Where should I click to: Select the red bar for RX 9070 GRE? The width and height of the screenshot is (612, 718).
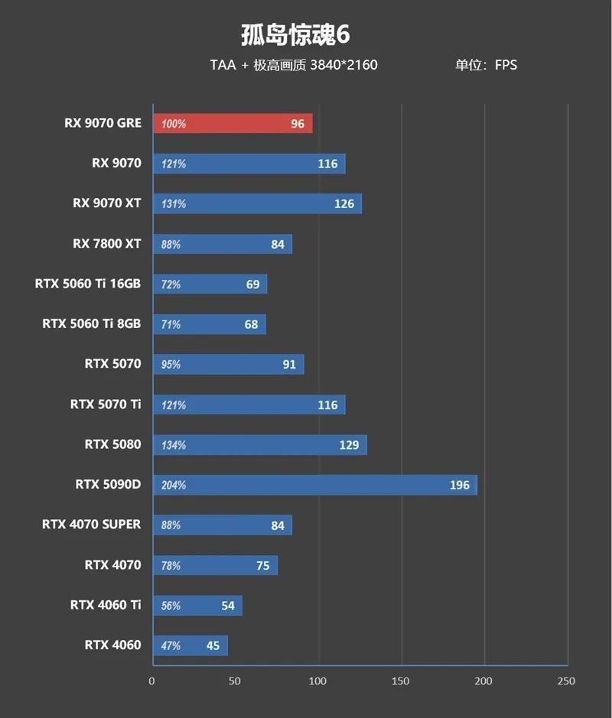pyautogui.click(x=233, y=124)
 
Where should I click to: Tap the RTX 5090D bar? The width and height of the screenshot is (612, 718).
pyautogui.click(x=315, y=485)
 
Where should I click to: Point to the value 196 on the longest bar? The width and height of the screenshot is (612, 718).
pyautogui.click(x=460, y=485)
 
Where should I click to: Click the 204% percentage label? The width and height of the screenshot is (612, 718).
pyautogui.click(x=174, y=486)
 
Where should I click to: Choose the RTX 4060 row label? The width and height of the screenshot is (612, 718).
pyautogui.click(x=112, y=645)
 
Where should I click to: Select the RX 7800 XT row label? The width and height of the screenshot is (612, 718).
pyautogui.click(x=107, y=244)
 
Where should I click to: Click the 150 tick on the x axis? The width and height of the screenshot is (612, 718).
pyautogui.click(x=401, y=681)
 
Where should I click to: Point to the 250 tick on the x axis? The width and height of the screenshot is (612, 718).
pyautogui.click(x=566, y=681)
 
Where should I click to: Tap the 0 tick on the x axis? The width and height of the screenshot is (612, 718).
pyautogui.click(x=152, y=681)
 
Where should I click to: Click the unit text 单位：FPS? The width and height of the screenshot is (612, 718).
pyautogui.click(x=486, y=65)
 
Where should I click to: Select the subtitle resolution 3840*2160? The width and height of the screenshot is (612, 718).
pyautogui.click(x=343, y=65)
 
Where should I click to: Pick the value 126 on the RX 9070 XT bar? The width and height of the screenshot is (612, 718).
pyautogui.click(x=344, y=204)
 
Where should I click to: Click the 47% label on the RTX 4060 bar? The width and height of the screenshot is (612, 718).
pyautogui.click(x=171, y=646)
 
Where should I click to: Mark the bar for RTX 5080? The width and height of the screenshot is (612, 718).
pyautogui.click(x=260, y=445)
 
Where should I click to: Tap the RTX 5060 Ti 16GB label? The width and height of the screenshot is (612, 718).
pyautogui.click(x=88, y=284)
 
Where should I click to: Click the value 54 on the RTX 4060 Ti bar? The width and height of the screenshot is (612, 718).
pyautogui.click(x=228, y=606)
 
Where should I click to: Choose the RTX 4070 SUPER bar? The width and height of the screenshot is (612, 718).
pyautogui.click(x=222, y=525)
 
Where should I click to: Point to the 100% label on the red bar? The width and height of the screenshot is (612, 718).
pyautogui.click(x=174, y=124)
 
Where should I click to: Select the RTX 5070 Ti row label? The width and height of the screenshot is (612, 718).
pyautogui.click(x=106, y=404)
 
